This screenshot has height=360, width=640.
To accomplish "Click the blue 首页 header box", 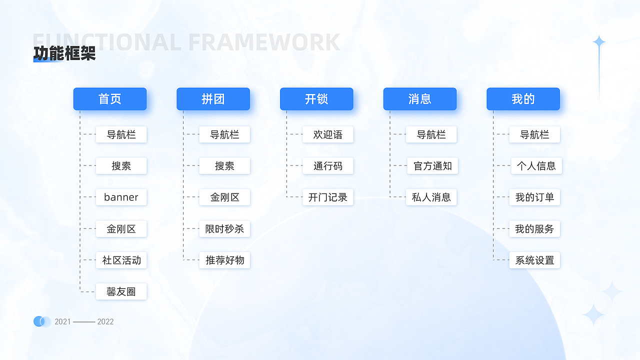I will pyautogui.click(x=110, y=99).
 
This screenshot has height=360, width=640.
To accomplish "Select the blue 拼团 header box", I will pyautogui.click(x=213, y=99).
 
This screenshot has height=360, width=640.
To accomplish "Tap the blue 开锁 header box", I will pyautogui.click(x=316, y=99).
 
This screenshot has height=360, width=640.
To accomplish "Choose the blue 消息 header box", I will pyautogui.click(x=420, y=99).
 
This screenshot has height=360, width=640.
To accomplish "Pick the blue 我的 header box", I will pyautogui.click(x=523, y=99).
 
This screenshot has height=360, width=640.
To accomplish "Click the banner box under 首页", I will pyautogui.click(x=121, y=197).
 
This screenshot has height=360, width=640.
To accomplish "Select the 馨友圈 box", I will pyautogui.click(x=121, y=291).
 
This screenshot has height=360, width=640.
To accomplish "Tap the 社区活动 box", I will pyautogui.click(x=121, y=260).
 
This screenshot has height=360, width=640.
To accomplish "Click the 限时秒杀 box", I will pyautogui.click(x=224, y=229).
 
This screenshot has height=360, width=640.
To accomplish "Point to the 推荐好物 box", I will pyautogui.click(x=224, y=260).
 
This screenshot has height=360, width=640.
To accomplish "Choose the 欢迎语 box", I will pyautogui.click(x=328, y=134).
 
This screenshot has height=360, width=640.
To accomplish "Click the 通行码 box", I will pyautogui.click(x=328, y=166).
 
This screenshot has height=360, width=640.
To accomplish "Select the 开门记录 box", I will pyautogui.click(x=328, y=197).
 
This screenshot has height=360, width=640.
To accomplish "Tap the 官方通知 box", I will pyautogui.click(x=432, y=166).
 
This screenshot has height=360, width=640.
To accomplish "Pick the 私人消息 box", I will pyautogui.click(x=431, y=197).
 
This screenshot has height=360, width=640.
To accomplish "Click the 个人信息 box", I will pyautogui.click(x=536, y=166).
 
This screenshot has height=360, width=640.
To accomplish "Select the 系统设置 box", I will pyautogui.click(x=534, y=260).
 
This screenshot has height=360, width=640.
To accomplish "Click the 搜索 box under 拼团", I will pyautogui.click(x=224, y=166).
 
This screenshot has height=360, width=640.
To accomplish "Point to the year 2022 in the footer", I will pyautogui.click(x=105, y=321).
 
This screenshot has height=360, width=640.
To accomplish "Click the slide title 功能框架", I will pyautogui.click(x=64, y=53).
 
